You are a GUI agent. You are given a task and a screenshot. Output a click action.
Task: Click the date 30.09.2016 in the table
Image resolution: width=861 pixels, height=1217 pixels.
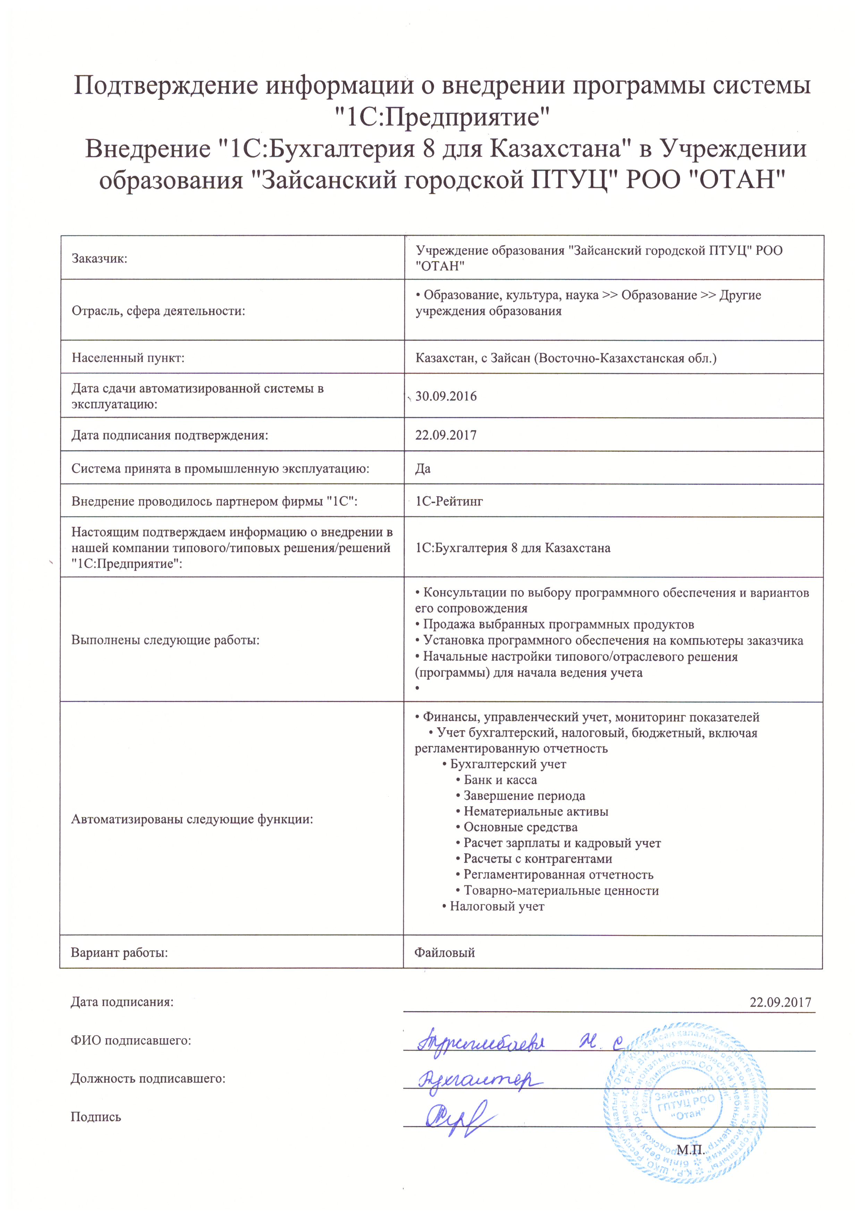pos(446,397)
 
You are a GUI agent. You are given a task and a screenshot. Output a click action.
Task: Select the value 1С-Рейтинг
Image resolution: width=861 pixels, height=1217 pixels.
pos(449,501)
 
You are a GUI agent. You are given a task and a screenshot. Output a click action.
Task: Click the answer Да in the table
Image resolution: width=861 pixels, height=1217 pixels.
pos(423,468)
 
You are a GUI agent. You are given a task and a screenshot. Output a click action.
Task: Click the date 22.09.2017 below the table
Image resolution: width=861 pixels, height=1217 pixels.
pos(780,1002)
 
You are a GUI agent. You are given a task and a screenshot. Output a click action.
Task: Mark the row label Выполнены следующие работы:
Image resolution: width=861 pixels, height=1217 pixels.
pos(166,640)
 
